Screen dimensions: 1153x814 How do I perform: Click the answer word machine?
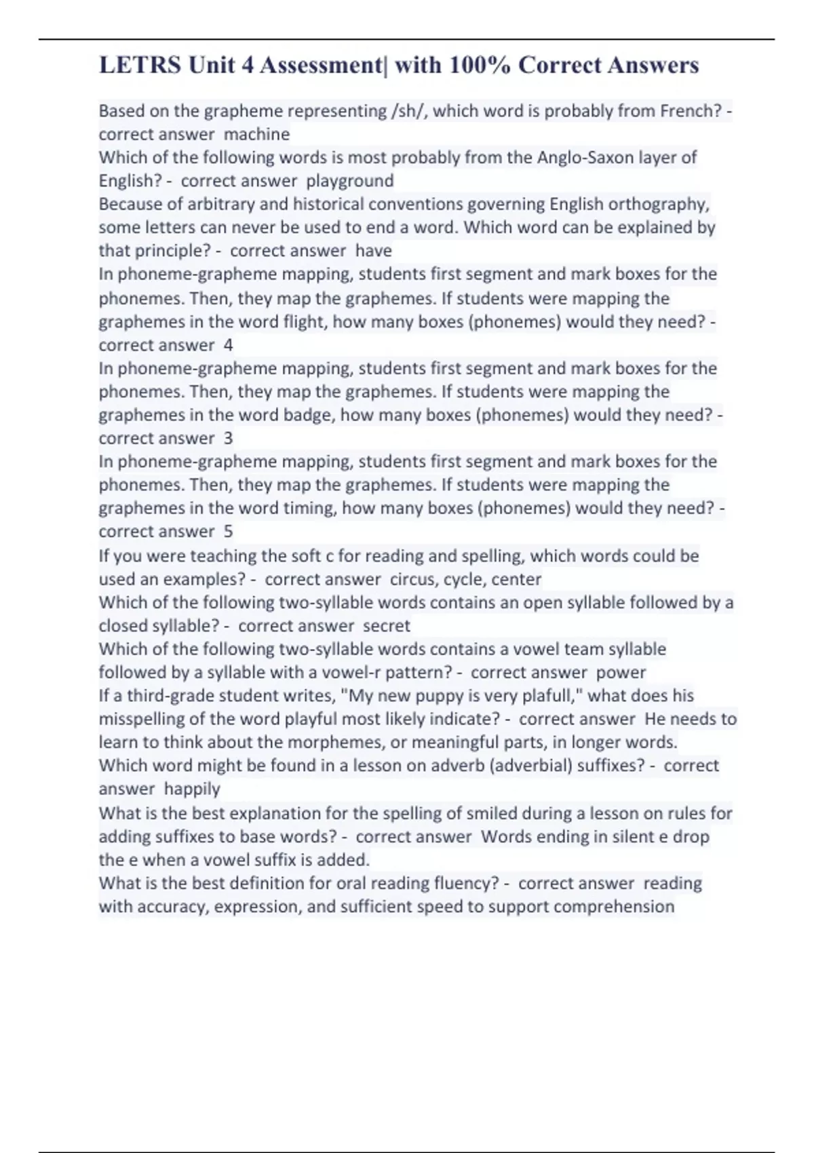coord(256,134)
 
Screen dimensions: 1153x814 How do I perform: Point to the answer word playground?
coord(349,181)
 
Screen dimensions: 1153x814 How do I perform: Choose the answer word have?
coord(373,251)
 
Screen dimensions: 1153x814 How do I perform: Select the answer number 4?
coord(228,345)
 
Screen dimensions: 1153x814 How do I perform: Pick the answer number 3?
coord(228,438)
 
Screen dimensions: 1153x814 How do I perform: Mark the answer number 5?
coord(228,532)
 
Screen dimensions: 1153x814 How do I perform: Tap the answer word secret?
coord(387,625)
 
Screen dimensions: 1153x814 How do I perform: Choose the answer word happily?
coord(192,789)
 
